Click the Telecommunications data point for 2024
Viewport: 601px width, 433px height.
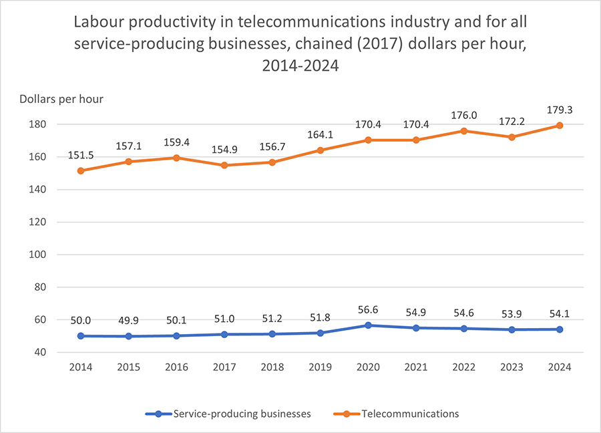(x=560, y=126)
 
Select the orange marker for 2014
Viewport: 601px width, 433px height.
(x=81, y=170)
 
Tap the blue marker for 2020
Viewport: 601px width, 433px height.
(x=368, y=325)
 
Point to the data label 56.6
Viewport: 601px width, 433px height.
(x=368, y=310)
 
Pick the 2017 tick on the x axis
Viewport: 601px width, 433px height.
(x=224, y=367)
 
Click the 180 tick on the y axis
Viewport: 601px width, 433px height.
(x=36, y=124)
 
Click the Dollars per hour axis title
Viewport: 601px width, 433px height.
(x=61, y=100)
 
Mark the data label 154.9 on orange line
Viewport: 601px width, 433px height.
(x=224, y=150)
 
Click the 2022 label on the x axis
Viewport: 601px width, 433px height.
(x=463, y=367)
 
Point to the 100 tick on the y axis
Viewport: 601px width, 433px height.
(x=36, y=255)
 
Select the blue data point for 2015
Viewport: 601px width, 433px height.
(x=129, y=336)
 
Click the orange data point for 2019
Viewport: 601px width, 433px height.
(x=320, y=150)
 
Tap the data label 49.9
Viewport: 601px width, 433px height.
(x=129, y=321)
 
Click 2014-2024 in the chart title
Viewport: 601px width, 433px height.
(x=300, y=65)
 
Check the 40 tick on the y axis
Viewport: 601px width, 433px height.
(x=39, y=352)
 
